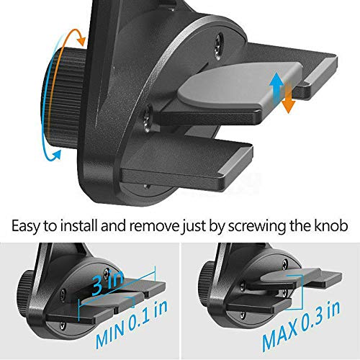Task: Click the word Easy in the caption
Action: coord(27,226)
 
